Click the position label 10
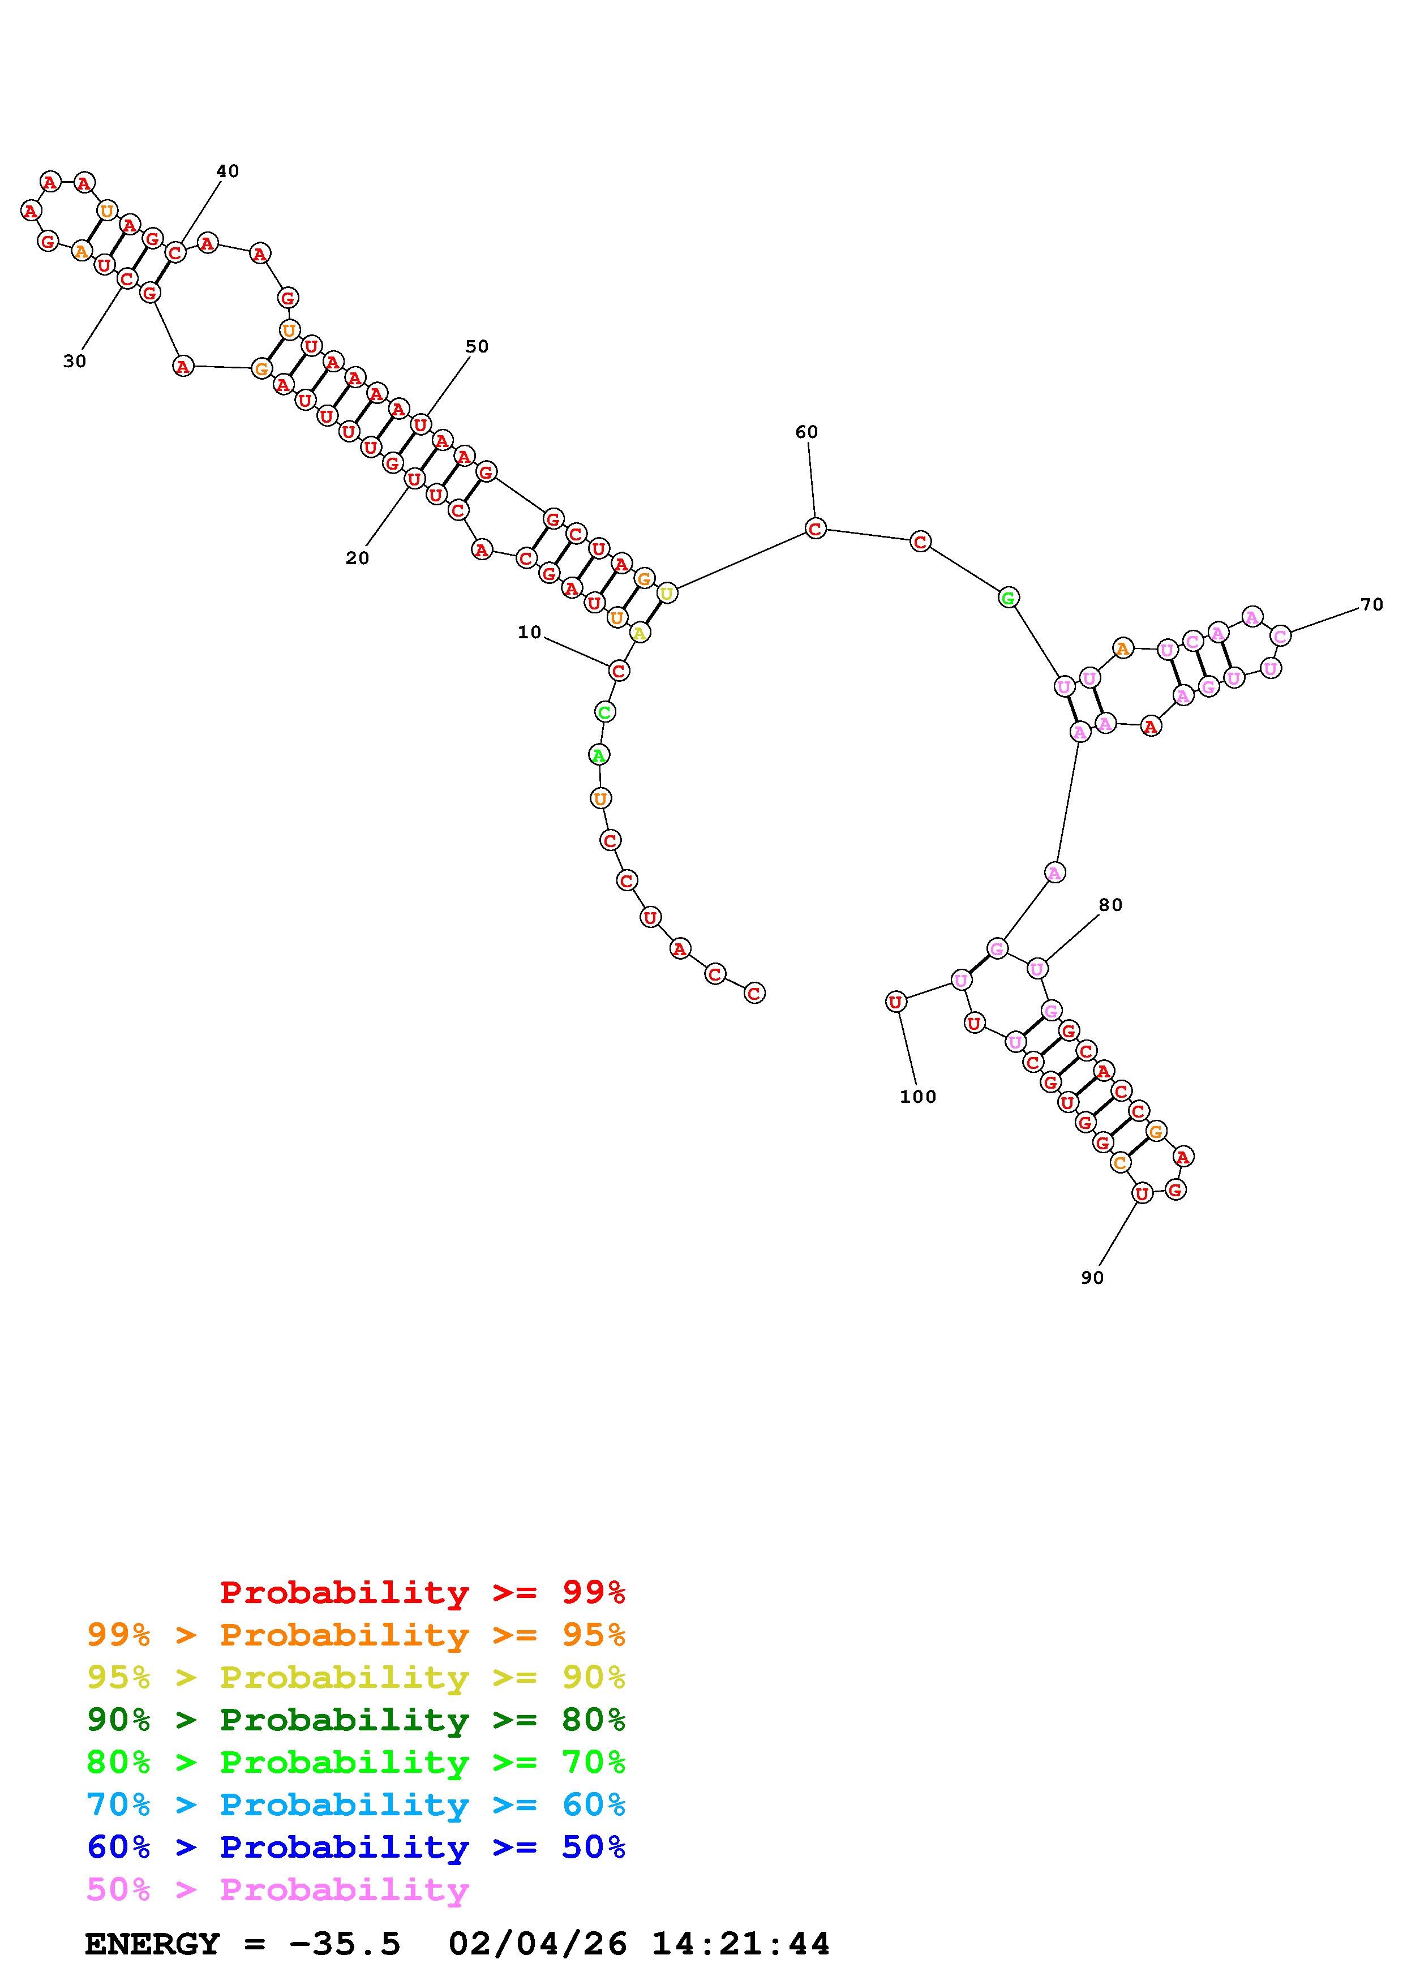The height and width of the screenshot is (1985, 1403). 529,632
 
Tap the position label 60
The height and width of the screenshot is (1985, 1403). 806,431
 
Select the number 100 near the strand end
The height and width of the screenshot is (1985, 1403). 918,1096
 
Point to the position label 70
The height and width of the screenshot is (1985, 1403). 1372,604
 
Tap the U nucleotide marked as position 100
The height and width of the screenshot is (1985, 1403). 895,1002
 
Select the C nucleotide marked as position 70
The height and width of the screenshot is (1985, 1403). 1280,635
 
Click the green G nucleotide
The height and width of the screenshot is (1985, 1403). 1008,596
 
